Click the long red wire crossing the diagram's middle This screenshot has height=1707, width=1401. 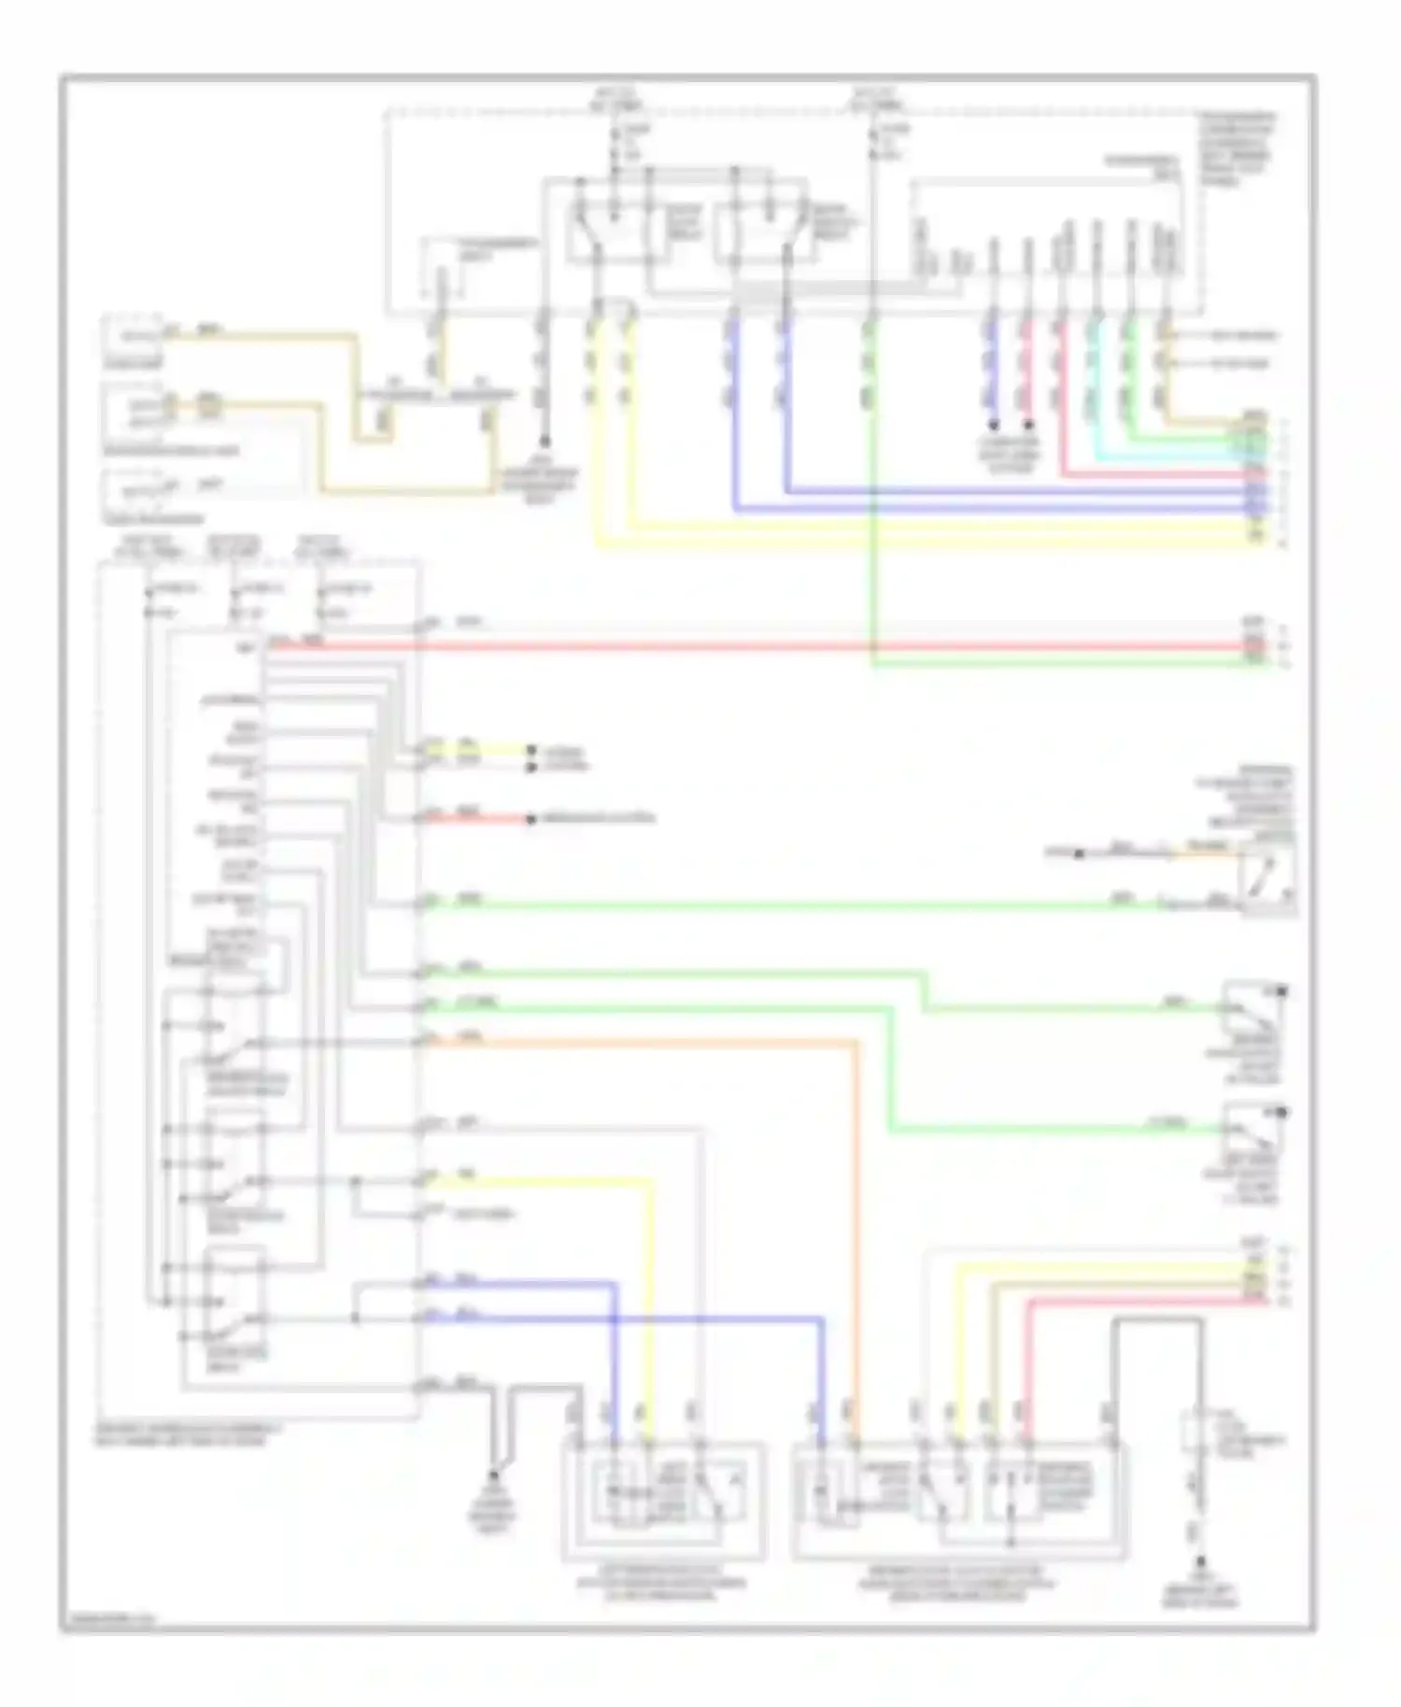[x=747, y=645]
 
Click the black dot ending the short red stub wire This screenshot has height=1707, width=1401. [x=531, y=820]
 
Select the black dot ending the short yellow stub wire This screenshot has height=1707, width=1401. [x=531, y=750]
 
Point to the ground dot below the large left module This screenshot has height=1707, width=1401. [x=494, y=1478]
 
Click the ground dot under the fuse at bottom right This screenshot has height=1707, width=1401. [x=1200, y=1561]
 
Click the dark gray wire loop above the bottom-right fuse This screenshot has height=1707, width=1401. [x=1158, y=1322]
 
